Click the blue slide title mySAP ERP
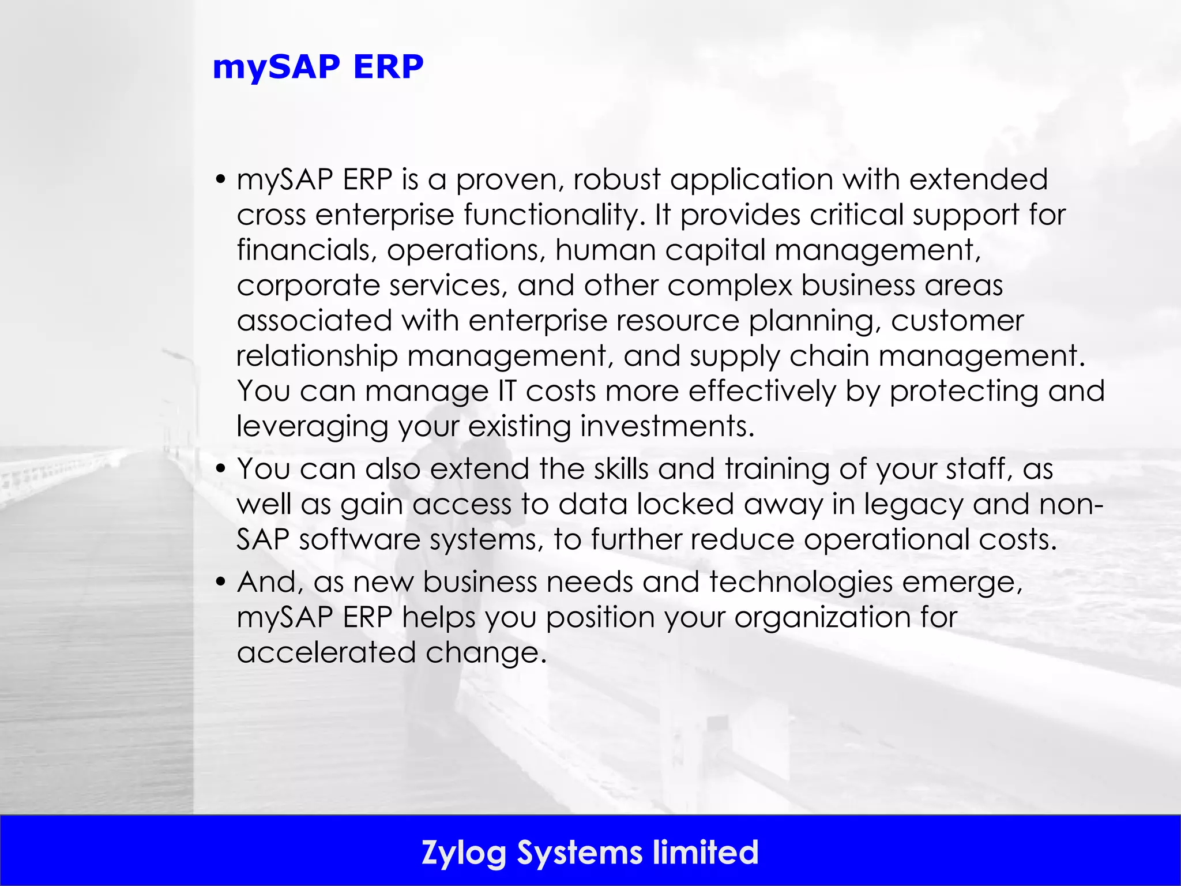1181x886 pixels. click(x=318, y=67)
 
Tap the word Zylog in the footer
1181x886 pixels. click(x=464, y=853)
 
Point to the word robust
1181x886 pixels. click(x=616, y=179)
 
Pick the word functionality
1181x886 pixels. click(x=554, y=215)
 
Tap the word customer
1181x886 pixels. click(x=957, y=321)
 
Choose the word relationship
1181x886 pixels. click(x=317, y=356)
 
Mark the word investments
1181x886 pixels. click(x=667, y=426)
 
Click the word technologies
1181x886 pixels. click(x=801, y=582)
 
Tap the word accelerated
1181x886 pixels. click(x=326, y=652)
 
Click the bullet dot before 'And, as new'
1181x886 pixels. click(x=220, y=581)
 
